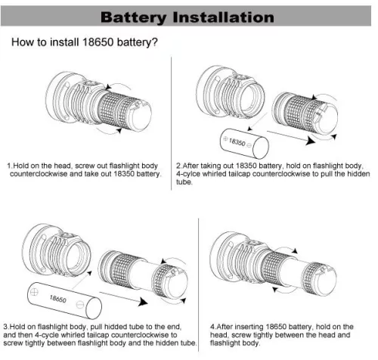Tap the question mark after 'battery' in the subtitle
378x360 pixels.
coord(155,42)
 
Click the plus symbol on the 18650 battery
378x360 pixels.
coord(33,290)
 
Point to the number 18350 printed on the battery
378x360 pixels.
coord(239,141)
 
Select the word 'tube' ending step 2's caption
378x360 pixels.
coord(183,183)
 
